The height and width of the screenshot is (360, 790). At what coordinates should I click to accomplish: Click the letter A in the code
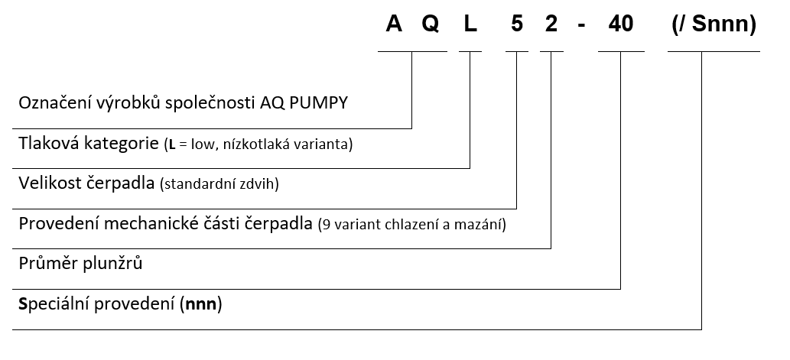coord(394,24)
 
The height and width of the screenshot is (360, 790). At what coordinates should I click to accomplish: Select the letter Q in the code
coord(431,24)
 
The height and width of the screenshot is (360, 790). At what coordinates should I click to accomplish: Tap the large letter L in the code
coord(470,24)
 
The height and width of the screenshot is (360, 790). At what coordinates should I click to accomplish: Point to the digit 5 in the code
coord(517,24)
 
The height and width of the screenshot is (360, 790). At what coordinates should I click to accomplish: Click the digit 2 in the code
coord(551,24)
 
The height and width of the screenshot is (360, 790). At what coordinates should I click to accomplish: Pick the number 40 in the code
coord(621,24)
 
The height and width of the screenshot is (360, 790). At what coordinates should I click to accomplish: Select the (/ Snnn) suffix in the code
coord(714,24)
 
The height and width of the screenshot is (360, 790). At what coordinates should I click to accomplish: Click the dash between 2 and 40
coord(581,26)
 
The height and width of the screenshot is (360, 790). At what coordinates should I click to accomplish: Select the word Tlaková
coord(49,144)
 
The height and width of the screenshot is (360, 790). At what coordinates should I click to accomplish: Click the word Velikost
coord(48,183)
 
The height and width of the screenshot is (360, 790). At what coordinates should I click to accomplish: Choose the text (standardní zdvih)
coord(219,184)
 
